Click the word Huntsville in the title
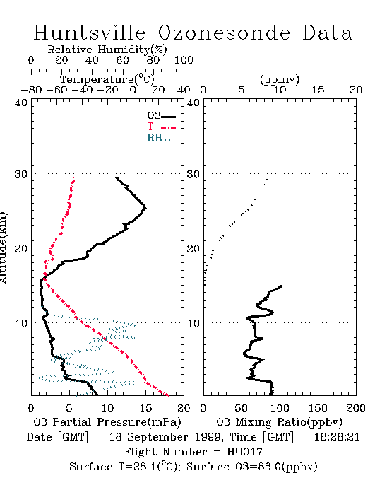(x=90, y=33)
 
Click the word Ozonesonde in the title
(x=223, y=33)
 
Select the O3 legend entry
(x=161, y=116)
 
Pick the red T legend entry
(x=161, y=127)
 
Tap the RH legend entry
(x=161, y=138)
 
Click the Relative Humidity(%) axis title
(x=107, y=49)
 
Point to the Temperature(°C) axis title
(x=107, y=79)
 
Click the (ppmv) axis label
(x=280, y=80)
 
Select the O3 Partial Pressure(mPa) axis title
(x=107, y=422)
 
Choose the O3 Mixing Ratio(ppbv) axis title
(x=279, y=422)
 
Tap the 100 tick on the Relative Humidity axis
(x=184, y=60)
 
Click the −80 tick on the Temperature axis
(x=31, y=90)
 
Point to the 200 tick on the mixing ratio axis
(x=356, y=408)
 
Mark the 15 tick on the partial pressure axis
(x=145, y=408)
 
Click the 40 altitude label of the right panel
(x=194, y=103)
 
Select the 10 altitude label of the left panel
(x=21, y=324)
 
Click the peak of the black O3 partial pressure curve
(x=145, y=208)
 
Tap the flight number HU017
(x=244, y=452)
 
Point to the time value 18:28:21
(x=337, y=437)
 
